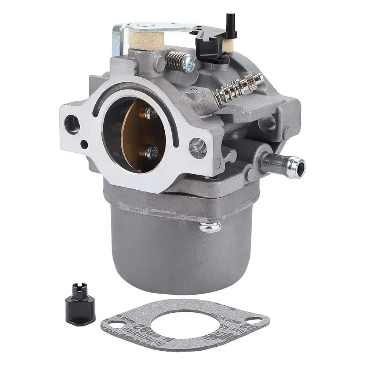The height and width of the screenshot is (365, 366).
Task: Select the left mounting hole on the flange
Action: tap(72, 124)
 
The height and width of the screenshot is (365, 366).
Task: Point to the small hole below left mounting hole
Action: tap(84, 145)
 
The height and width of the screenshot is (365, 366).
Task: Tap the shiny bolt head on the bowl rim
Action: tap(211, 228)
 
